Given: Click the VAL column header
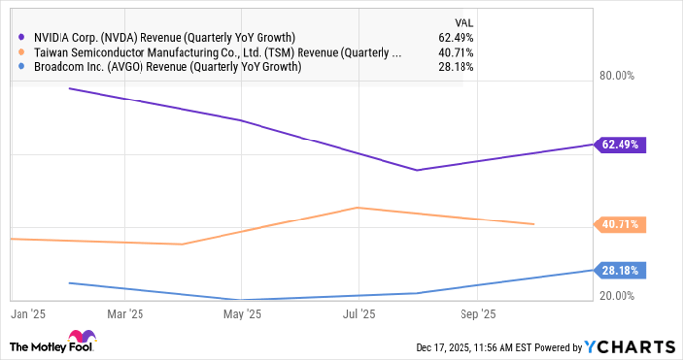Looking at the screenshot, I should click(x=464, y=21).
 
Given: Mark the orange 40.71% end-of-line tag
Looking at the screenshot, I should click(x=620, y=224).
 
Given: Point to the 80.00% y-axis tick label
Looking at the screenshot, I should click(x=616, y=76).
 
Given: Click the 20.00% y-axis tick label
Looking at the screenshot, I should click(x=616, y=296).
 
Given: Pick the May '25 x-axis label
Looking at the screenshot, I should click(x=242, y=315).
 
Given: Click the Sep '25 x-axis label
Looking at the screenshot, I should click(x=477, y=315).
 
